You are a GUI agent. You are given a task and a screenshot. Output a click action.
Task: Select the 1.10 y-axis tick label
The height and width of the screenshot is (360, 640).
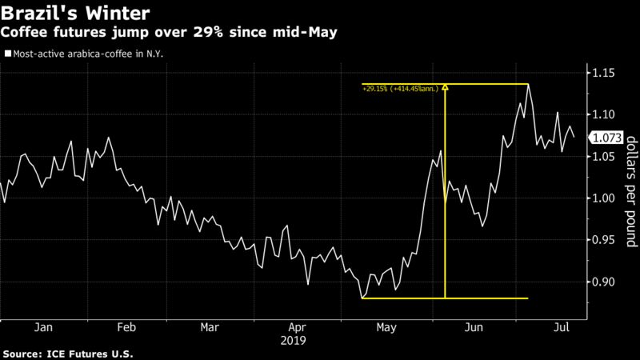(606, 115)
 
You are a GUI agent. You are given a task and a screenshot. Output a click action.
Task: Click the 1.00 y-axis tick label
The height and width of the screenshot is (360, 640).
(606, 198)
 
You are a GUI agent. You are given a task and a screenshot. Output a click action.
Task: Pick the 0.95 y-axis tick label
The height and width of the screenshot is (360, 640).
(606, 240)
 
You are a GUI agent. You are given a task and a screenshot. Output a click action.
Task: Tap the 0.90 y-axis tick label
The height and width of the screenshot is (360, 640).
(606, 282)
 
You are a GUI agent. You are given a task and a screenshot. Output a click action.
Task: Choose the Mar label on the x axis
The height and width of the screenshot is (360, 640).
(210, 327)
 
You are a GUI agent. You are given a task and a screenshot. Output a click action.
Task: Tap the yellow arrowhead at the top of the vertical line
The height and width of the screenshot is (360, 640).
(445, 89)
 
